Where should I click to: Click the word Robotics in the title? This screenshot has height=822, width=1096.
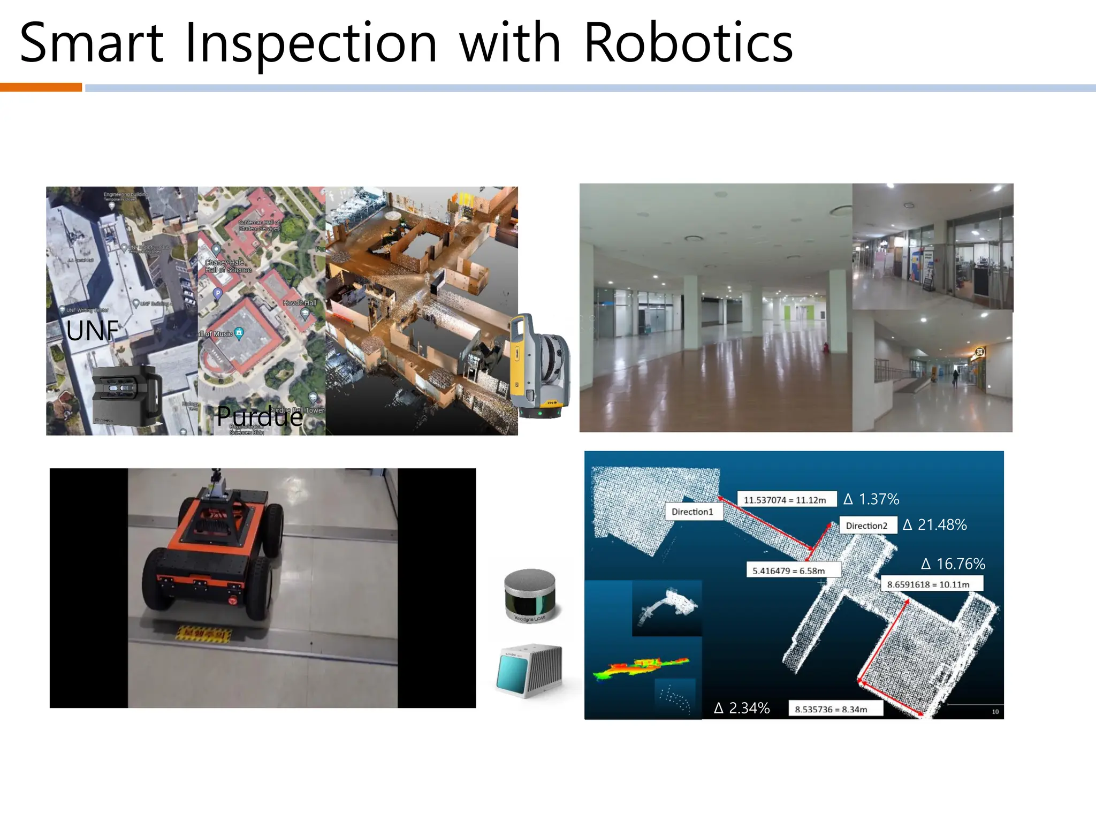[688, 43]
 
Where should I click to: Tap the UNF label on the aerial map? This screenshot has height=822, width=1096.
[93, 331]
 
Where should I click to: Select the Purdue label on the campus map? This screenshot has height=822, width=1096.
[260, 416]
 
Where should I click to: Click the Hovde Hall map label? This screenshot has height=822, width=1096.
[300, 303]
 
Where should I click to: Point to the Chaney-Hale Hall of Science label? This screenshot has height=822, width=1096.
[228, 266]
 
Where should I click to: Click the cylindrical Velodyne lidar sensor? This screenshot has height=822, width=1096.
[530, 596]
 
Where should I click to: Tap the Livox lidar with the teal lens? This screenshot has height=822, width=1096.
[529, 671]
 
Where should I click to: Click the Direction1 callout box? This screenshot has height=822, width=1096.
[692, 512]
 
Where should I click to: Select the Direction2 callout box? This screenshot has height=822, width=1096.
[866, 526]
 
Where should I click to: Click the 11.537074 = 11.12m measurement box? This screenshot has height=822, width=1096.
[785, 500]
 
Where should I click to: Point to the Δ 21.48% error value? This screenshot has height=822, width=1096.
[935, 525]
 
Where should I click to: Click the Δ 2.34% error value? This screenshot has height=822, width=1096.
[742, 709]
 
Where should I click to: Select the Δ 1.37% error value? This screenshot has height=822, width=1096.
[871, 499]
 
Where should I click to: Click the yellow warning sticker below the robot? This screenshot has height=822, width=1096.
[204, 635]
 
